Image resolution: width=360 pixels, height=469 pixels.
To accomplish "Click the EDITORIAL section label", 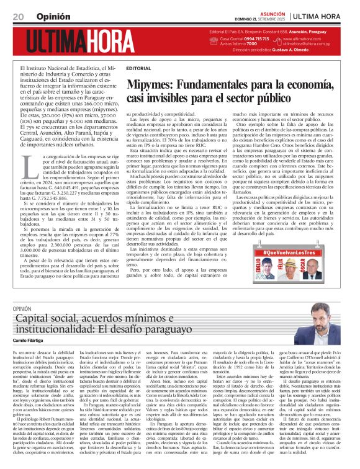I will click(138, 68).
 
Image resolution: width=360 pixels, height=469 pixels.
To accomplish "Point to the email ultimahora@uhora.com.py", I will click(322, 43).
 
